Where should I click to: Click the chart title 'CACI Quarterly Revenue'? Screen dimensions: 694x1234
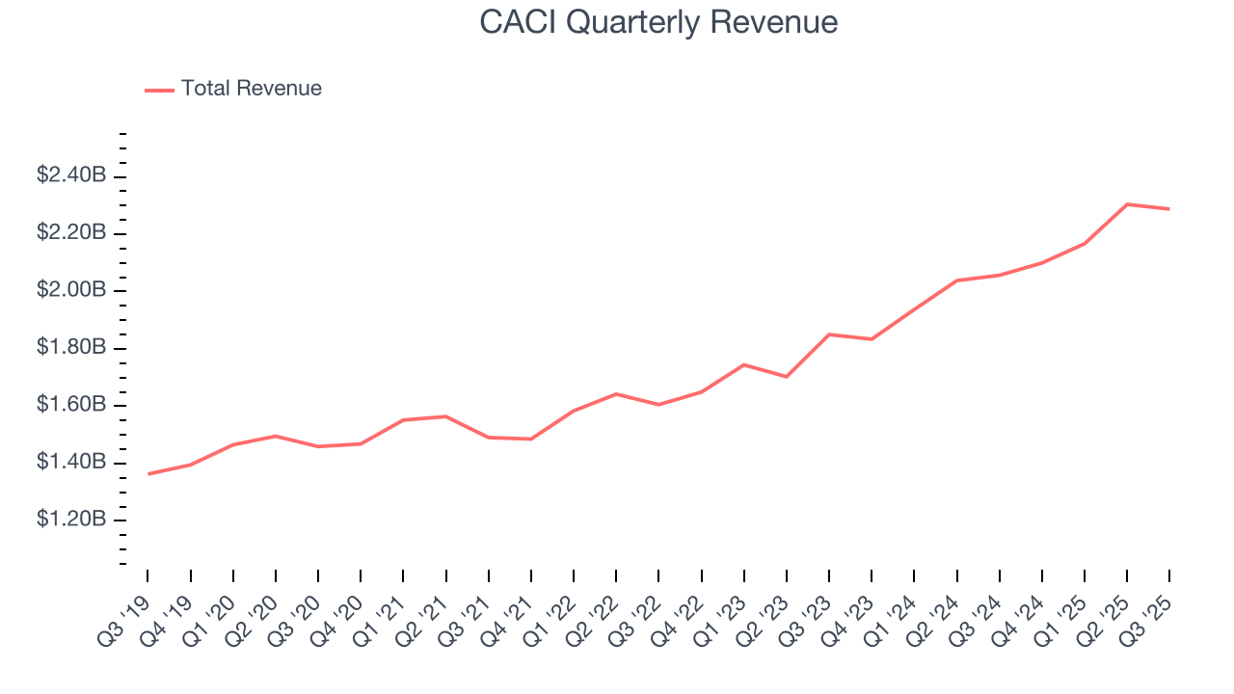pyautogui.click(x=658, y=22)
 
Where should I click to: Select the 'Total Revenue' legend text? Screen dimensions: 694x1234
pyautogui.click(x=251, y=89)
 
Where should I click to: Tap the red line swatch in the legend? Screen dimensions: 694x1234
pyautogui.click(x=159, y=90)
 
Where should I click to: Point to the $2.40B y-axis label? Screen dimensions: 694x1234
pyautogui.click(x=70, y=175)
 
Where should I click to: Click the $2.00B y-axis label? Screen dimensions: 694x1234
pyautogui.click(x=70, y=290)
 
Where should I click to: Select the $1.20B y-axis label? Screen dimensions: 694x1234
pyautogui.click(x=70, y=520)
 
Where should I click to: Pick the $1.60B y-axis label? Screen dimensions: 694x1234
pyautogui.click(x=70, y=405)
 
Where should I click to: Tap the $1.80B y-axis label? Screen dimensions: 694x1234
pyautogui.click(x=70, y=347)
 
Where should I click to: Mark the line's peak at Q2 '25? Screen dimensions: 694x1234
pyautogui.click(x=1127, y=204)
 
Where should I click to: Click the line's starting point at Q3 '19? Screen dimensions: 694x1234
pyautogui.click(x=148, y=474)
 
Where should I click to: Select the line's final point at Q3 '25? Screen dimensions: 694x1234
pyautogui.click(x=1169, y=209)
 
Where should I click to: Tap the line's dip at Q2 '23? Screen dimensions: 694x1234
pyautogui.click(x=787, y=377)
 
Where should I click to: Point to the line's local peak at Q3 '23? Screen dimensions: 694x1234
pyautogui.click(x=829, y=334)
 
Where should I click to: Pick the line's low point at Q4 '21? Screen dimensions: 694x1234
pyautogui.click(x=531, y=439)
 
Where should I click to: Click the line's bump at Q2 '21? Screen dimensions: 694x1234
pyautogui.click(x=445, y=416)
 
